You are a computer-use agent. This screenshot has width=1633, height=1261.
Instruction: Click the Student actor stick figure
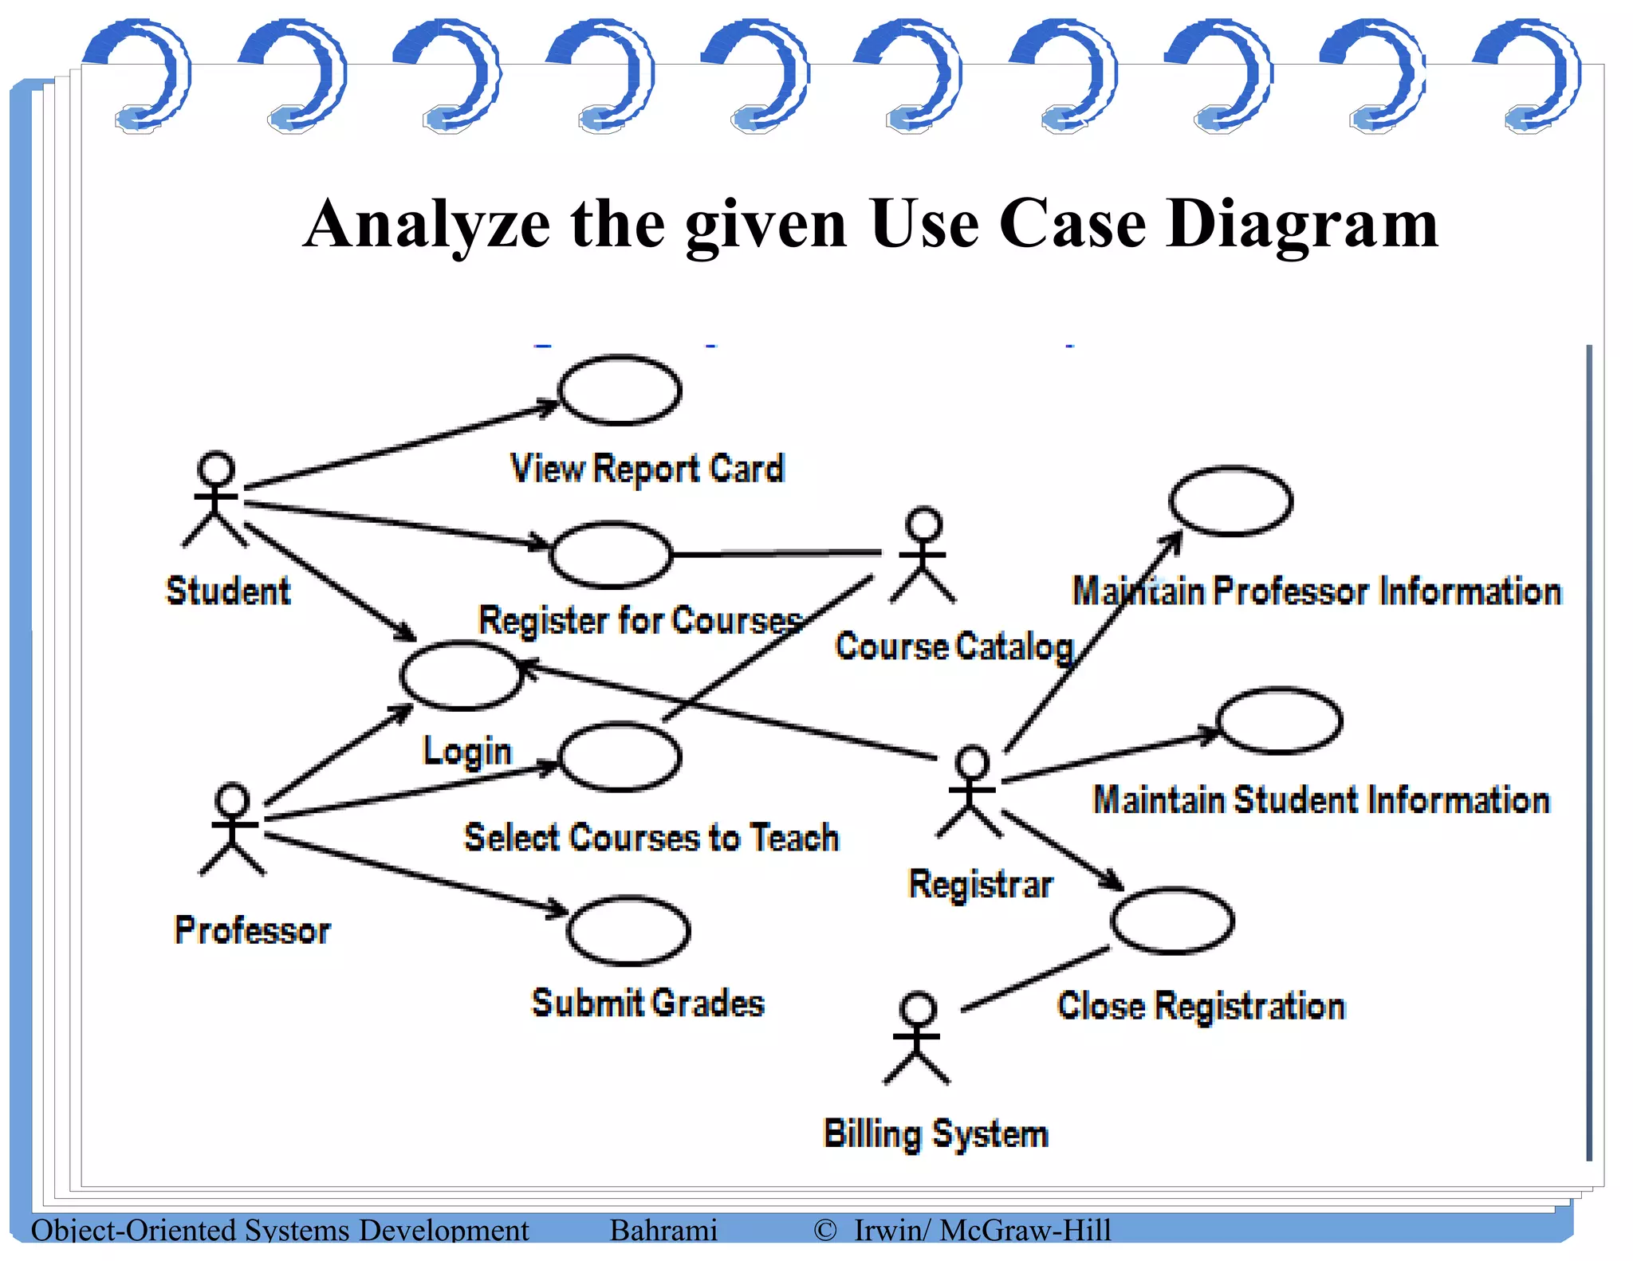click(x=215, y=501)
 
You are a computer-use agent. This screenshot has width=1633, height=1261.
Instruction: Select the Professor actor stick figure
click(x=232, y=829)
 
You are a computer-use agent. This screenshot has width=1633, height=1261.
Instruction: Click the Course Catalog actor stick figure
click(x=923, y=556)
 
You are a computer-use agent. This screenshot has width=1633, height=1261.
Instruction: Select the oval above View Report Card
click(x=620, y=391)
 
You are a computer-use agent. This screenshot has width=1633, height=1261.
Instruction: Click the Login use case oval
click(x=461, y=676)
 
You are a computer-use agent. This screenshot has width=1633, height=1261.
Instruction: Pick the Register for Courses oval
click(x=611, y=555)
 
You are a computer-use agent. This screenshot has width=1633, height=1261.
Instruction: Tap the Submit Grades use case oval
click(x=628, y=930)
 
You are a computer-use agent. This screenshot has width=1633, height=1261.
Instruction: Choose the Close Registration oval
click(x=1172, y=921)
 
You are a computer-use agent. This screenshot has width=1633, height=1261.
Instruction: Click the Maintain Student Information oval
click(x=1278, y=721)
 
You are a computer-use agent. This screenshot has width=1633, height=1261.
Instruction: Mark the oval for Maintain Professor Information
click(x=1230, y=501)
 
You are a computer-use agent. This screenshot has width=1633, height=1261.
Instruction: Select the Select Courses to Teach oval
click(x=620, y=756)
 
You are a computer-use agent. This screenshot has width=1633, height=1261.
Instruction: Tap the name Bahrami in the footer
click(x=663, y=1230)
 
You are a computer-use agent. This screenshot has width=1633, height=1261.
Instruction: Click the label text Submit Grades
click(x=647, y=1003)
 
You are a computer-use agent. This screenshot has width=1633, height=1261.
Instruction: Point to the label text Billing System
click(x=935, y=1133)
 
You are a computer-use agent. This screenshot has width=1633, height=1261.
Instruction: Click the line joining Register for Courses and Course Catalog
click(x=777, y=553)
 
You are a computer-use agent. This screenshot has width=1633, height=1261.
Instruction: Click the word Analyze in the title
click(x=427, y=225)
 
